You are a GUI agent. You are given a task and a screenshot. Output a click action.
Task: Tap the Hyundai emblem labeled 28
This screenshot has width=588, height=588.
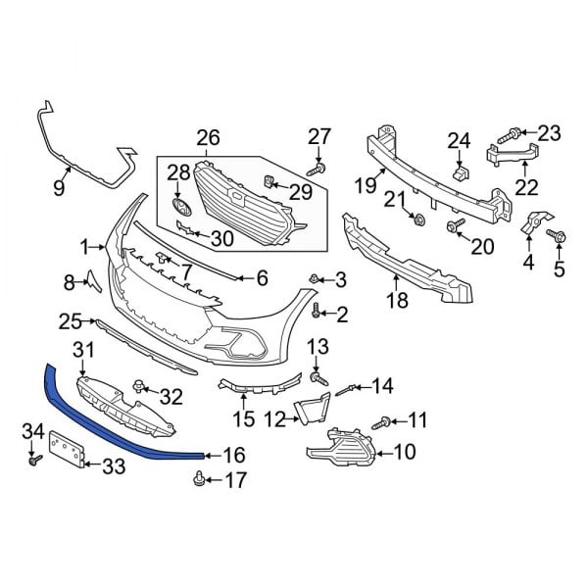(x=182, y=208)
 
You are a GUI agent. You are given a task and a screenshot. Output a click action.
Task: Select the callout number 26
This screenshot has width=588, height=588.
(x=208, y=138)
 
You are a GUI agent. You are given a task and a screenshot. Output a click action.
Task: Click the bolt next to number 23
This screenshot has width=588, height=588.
(x=509, y=136)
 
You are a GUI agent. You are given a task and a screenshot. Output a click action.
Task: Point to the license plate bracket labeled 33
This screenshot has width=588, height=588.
(x=67, y=449)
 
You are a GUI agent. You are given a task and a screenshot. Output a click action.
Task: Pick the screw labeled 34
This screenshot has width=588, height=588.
(x=35, y=460)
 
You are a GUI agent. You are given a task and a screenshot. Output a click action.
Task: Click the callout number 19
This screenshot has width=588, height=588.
(x=366, y=185)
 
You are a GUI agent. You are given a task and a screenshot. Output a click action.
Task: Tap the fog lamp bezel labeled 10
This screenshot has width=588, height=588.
(x=341, y=449)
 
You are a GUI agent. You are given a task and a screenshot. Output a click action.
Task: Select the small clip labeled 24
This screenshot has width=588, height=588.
(x=462, y=172)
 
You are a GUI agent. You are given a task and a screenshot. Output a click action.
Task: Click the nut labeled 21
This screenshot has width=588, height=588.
(x=418, y=219)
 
